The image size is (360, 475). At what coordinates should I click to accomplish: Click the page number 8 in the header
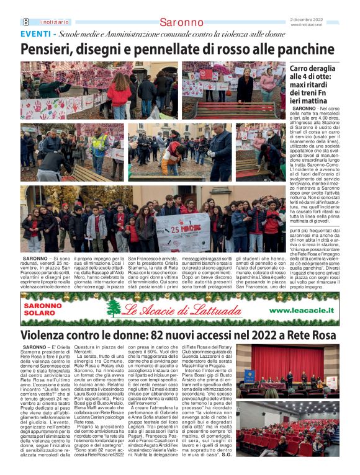pos(25,22)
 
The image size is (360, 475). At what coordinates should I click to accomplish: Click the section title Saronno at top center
pos(181,22)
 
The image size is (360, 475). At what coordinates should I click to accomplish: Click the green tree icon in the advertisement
pos(114,308)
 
